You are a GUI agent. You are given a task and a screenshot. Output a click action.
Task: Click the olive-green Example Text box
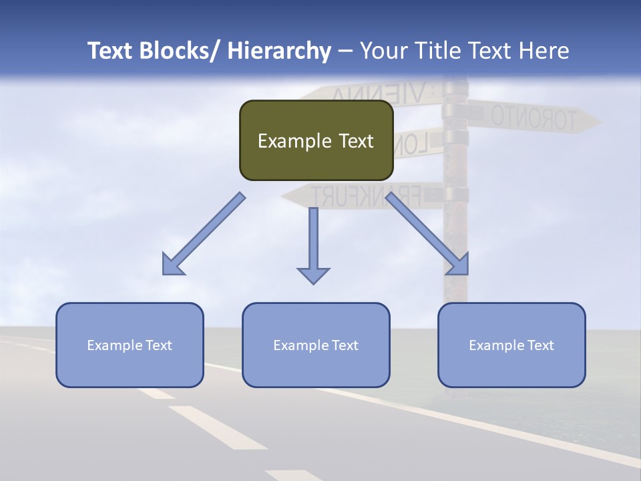point(316,141)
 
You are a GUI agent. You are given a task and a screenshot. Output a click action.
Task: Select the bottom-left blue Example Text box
point(130,345)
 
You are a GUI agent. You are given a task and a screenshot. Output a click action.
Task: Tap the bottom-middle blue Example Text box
point(316,345)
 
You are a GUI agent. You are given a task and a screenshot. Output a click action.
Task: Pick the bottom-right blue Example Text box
point(511,345)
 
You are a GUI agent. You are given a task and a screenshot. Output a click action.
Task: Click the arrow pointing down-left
point(204,234)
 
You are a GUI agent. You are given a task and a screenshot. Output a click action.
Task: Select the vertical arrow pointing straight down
point(313,244)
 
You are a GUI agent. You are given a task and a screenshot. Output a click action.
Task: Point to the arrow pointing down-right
point(427,234)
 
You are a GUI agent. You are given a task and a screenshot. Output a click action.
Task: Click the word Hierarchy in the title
point(279,51)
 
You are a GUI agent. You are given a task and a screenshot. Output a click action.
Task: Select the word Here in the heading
point(544,51)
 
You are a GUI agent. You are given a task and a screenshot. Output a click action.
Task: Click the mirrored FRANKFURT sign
point(364,195)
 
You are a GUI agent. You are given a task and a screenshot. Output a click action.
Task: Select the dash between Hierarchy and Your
point(345,51)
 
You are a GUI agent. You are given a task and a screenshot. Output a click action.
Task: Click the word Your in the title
point(383,51)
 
